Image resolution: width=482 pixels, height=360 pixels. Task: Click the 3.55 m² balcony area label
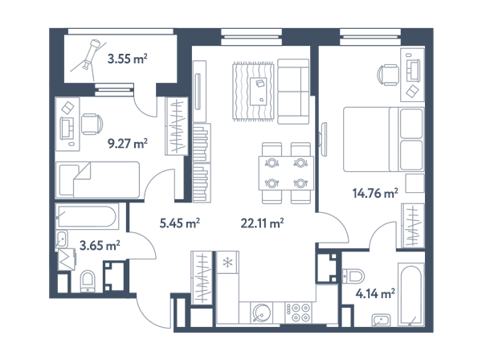(x=127, y=58)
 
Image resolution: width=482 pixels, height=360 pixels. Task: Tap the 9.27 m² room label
(x=127, y=143)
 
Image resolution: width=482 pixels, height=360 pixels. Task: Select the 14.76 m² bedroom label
(x=375, y=193)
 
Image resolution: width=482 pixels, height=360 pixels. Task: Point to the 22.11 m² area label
(x=262, y=223)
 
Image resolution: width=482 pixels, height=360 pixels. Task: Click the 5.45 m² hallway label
(x=179, y=223)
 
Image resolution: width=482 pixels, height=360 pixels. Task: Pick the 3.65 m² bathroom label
(x=100, y=246)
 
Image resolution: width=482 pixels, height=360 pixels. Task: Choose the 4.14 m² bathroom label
(x=375, y=293)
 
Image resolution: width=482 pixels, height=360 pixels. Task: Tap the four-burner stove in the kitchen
(x=298, y=313)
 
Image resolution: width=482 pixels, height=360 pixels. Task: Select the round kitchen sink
(x=261, y=313)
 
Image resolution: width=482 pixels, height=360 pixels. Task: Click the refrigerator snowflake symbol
(x=227, y=263)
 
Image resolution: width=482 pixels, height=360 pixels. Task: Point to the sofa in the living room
(x=293, y=92)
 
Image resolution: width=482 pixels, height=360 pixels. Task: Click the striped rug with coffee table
(x=253, y=92)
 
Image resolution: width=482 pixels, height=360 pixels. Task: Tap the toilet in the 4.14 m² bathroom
(x=353, y=276)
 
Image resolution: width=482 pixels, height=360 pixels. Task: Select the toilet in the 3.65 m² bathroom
(x=88, y=281)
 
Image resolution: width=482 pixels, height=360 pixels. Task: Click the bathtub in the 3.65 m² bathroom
(x=87, y=216)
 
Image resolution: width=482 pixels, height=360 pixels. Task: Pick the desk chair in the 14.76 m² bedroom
(x=388, y=75)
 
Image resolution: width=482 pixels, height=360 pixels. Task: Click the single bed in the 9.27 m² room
(x=97, y=180)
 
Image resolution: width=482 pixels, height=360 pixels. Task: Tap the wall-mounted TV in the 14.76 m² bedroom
(x=324, y=139)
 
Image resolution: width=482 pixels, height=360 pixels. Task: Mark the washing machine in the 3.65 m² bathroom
(x=67, y=260)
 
